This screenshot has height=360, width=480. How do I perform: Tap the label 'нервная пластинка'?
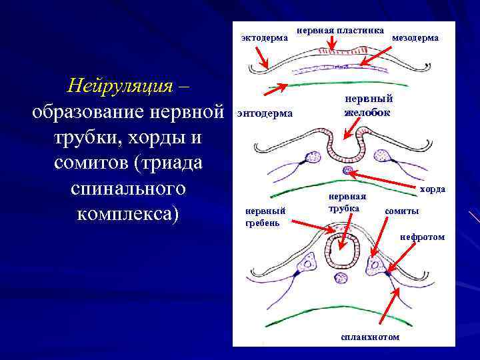point(340,30)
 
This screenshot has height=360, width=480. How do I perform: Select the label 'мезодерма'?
point(415,38)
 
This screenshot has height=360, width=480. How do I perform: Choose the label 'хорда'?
point(433,189)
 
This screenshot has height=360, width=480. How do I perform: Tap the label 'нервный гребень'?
point(265,216)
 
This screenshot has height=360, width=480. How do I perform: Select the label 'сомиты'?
point(402,211)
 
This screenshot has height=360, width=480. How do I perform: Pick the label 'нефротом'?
point(422,237)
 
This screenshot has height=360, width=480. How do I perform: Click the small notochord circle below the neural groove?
point(347,171)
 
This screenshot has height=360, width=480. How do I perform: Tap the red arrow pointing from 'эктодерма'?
point(260,58)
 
